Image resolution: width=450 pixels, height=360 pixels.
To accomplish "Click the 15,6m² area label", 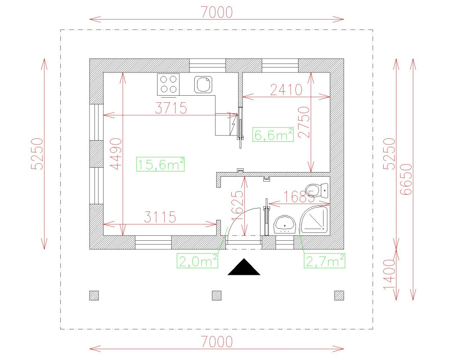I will [x=160, y=164].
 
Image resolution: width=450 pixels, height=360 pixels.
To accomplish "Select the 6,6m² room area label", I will [x=273, y=134].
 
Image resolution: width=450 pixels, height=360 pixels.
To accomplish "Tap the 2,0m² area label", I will [x=198, y=261].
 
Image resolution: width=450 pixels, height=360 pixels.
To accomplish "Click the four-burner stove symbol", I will [x=168, y=84].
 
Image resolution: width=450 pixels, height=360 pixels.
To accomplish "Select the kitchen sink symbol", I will [x=203, y=84].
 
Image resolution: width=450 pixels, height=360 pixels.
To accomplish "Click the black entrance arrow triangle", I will [x=244, y=268].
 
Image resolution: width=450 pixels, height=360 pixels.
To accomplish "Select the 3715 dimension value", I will [x=171, y=108].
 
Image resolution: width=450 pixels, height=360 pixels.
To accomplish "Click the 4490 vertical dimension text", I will [x=117, y=154].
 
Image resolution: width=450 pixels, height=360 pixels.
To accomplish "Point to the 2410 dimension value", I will [x=285, y=90].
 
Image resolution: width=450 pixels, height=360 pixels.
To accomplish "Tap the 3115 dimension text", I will [x=160, y=217].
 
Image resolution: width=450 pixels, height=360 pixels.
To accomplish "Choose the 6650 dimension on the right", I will [x=406, y=179].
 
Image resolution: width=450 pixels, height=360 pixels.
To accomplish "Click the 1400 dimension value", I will [x=390, y=274].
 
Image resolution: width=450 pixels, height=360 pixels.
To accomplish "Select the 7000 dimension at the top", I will [x=217, y=12].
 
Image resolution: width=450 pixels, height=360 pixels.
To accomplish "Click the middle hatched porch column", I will [x=216, y=295].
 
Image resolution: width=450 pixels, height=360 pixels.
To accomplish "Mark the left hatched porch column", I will [x=94, y=295].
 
